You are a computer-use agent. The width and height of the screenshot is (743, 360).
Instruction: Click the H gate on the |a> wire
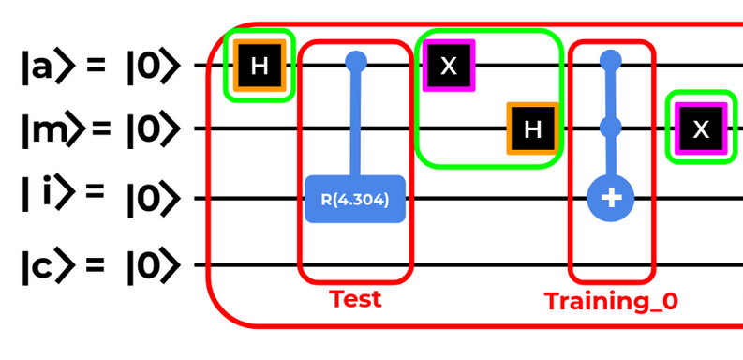point(260,65)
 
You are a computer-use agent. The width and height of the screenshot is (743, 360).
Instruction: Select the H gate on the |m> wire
point(532,128)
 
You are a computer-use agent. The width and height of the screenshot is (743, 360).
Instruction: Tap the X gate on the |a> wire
point(449,66)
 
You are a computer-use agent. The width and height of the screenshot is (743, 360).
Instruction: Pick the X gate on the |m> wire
point(701,128)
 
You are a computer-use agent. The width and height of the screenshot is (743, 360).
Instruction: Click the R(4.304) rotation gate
point(355,199)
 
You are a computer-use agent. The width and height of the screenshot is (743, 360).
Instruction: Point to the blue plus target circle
point(610,198)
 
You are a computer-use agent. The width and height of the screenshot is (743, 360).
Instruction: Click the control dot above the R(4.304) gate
point(356,62)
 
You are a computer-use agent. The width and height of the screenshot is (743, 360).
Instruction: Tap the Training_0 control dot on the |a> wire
point(610,61)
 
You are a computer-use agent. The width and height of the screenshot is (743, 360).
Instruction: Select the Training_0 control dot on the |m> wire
point(610,127)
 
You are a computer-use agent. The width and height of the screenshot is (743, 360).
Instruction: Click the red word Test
point(355,299)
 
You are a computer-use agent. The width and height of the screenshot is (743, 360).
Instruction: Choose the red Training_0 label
point(611,301)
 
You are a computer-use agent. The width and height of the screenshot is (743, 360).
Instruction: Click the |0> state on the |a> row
point(154,67)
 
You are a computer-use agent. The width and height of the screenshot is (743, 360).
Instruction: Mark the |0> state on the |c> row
point(154,266)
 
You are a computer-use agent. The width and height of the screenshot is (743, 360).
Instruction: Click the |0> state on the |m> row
point(154,129)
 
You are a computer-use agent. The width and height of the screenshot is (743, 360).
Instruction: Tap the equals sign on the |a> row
point(96,66)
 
